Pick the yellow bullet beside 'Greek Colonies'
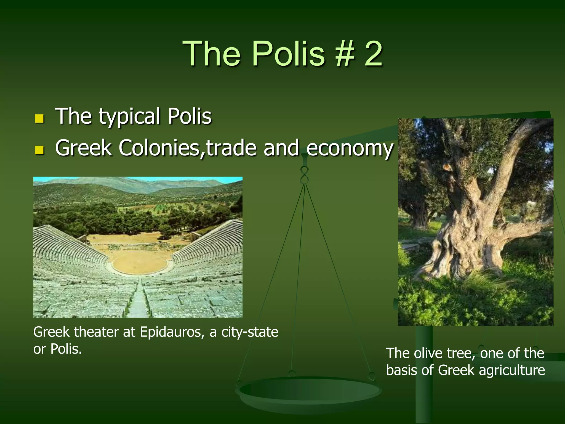[39, 150]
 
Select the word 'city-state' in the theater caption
[250, 332]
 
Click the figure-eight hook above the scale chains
[305, 175]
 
